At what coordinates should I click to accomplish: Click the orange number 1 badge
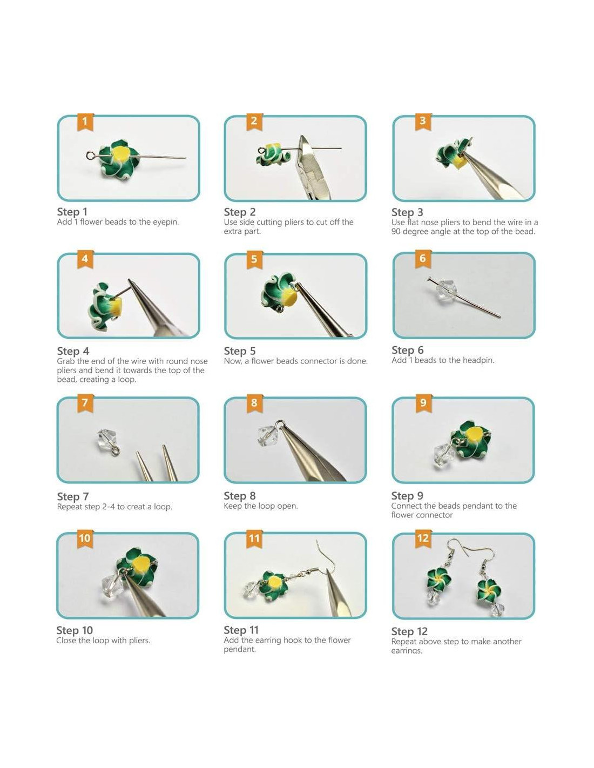(x=85, y=122)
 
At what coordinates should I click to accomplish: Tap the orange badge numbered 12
(x=423, y=538)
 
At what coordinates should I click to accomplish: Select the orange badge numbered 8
(x=254, y=403)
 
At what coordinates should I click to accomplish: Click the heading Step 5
(x=240, y=351)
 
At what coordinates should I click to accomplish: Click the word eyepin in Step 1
(x=165, y=223)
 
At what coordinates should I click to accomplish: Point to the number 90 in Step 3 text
(x=396, y=232)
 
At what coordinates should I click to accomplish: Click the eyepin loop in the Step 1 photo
(x=91, y=155)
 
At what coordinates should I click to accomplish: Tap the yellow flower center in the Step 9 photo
(x=475, y=435)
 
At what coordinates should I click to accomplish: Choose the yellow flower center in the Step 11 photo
(x=273, y=583)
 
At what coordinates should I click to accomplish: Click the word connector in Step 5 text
(x=315, y=361)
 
